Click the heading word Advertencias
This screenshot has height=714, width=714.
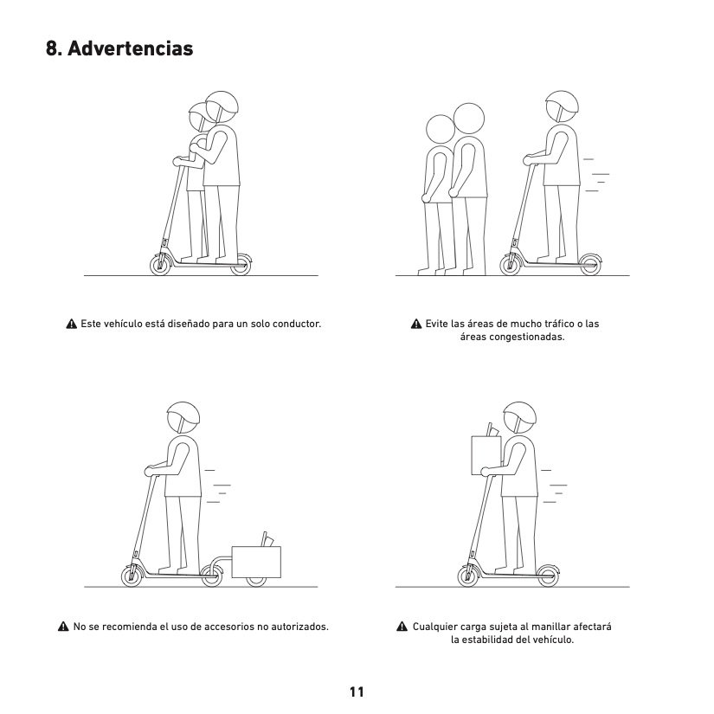(x=130, y=48)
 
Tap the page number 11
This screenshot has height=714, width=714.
(x=357, y=691)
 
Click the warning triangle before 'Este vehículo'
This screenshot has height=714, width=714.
(x=72, y=324)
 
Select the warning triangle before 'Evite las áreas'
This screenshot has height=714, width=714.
(x=416, y=324)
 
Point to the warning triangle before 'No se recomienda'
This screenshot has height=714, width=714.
(x=63, y=627)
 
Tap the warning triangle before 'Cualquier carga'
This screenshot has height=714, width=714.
(x=402, y=627)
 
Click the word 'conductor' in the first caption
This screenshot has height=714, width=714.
(x=297, y=324)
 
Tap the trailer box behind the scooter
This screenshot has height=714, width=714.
(x=256, y=562)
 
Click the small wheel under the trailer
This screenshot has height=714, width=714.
(x=256, y=581)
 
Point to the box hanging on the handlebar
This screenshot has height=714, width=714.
(x=486, y=455)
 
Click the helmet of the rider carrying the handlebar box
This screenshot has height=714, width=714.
(x=519, y=415)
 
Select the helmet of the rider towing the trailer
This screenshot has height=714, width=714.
(x=183, y=415)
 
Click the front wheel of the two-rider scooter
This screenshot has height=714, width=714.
(x=160, y=265)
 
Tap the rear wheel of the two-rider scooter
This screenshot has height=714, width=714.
(x=241, y=265)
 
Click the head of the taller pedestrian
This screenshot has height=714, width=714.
(x=469, y=119)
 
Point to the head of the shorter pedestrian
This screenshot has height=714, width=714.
(x=441, y=129)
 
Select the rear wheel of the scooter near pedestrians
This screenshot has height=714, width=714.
(x=590, y=265)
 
